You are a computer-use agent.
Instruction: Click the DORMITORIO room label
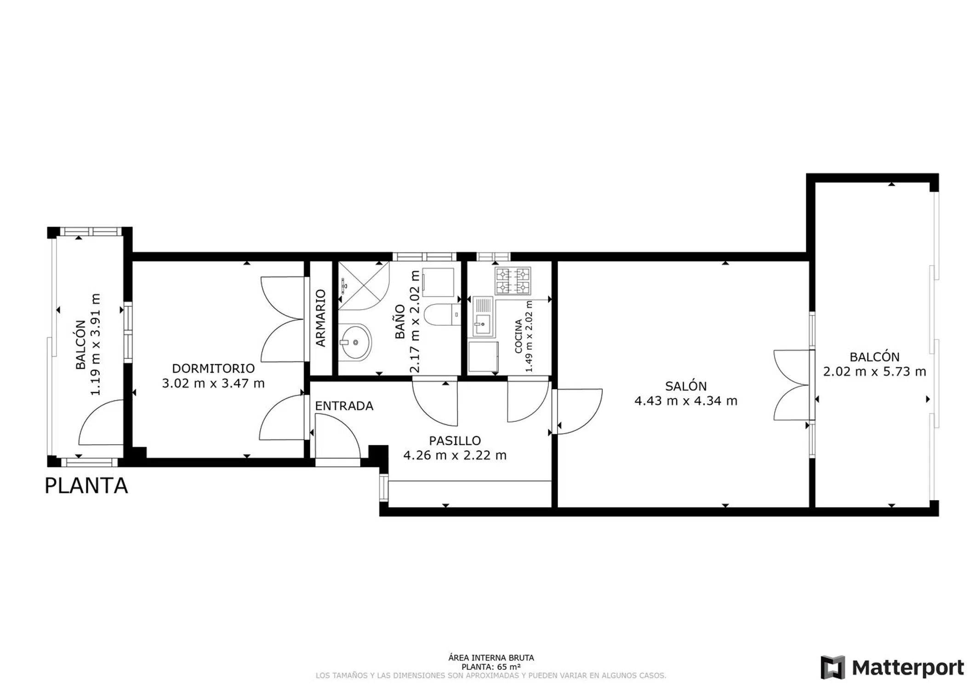point(213,368)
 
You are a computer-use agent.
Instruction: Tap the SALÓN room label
point(686,386)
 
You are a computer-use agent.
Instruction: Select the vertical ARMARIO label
point(320,318)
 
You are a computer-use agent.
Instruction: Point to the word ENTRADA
point(344,406)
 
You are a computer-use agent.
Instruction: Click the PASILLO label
point(455,441)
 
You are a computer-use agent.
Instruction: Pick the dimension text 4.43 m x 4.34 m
point(686,401)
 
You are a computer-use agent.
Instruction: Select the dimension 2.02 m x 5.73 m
point(874,372)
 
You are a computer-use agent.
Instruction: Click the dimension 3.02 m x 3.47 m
point(213,384)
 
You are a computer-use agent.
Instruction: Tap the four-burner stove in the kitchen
point(513,281)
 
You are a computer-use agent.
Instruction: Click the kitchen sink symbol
point(483,317)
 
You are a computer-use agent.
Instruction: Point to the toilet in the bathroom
point(442,315)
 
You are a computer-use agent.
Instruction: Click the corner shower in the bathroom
point(364,286)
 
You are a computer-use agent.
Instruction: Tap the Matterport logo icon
point(833,667)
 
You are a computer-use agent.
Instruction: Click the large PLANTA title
point(86,486)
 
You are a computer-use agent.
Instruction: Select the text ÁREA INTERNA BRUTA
point(491,658)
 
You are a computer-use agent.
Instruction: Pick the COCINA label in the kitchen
point(519,336)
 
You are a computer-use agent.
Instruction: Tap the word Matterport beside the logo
point(908,668)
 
